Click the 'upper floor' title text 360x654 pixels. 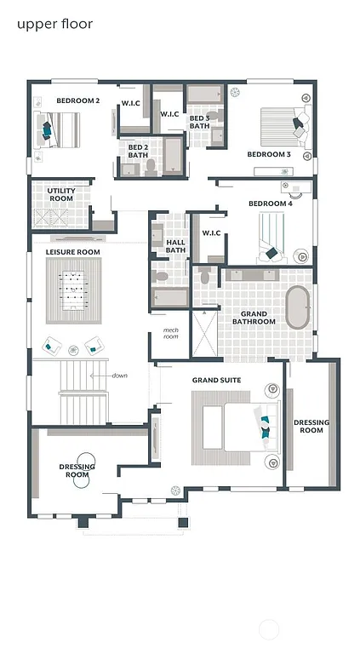point(54,24)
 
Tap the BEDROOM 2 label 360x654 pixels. point(78,100)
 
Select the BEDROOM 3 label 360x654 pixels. point(269,154)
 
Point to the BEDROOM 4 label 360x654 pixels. point(270,204)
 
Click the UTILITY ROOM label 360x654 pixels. point(61,195)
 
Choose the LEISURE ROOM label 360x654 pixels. point(73,252)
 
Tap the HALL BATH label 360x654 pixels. point(175,246)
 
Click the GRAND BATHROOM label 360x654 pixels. point(254,318)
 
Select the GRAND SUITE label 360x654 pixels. point(216,380)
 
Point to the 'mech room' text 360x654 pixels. point(171,334)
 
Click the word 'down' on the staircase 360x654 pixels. point(120,376)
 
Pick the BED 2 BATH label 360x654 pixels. point(138,151)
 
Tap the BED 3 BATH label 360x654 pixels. point(199,122)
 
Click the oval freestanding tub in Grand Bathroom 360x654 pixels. point(298,308)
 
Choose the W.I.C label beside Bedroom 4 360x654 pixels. point(211,232)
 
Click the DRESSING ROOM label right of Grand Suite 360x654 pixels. point(311,426)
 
